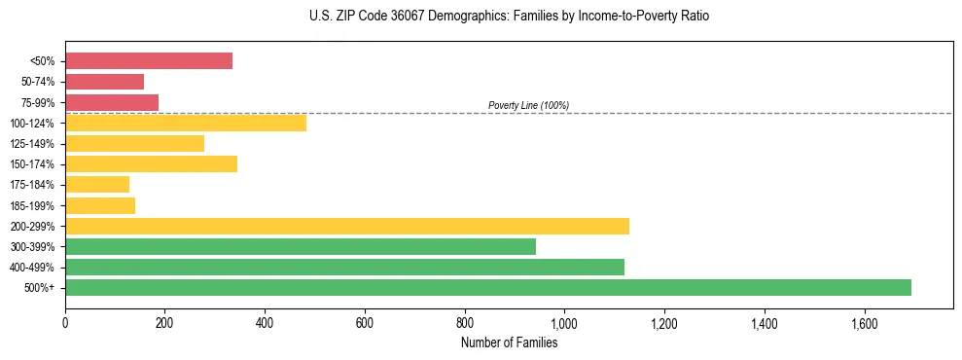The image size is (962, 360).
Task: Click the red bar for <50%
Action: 149,61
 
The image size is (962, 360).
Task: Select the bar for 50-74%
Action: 105,82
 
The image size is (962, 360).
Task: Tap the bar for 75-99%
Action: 112,102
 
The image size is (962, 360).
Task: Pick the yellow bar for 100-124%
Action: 186,123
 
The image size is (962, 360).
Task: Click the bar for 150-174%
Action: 152,163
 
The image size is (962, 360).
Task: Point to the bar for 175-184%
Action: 97,184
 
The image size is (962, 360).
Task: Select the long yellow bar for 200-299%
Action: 347,226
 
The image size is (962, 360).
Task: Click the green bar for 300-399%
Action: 301,246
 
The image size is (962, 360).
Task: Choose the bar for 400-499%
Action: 344,267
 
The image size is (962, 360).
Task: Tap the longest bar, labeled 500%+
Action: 488,287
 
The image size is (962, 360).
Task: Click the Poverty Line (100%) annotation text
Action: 528,105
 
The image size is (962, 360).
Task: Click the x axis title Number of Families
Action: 509,342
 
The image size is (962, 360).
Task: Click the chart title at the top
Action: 509,17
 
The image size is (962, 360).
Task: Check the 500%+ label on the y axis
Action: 42,288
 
